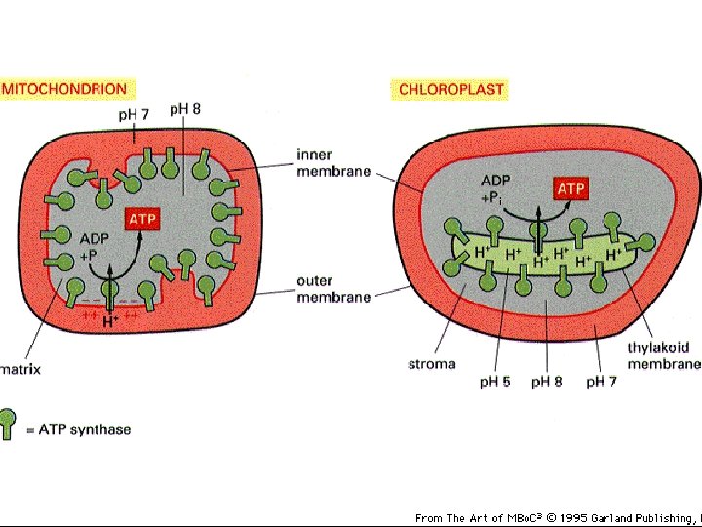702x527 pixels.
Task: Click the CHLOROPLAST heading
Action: coord(451,89)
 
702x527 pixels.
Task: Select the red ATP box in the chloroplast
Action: coord(570,187)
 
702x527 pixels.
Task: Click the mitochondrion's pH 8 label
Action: coord(185,109)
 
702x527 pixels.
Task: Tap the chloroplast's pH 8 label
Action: coord(546,381)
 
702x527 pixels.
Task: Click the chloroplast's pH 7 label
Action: coord(601,381)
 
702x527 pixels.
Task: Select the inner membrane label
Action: coord(333,163)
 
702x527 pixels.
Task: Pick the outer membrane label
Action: coord(333,289)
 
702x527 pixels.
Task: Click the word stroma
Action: coord(431,364)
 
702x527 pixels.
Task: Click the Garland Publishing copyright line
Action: coord(557,517)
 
